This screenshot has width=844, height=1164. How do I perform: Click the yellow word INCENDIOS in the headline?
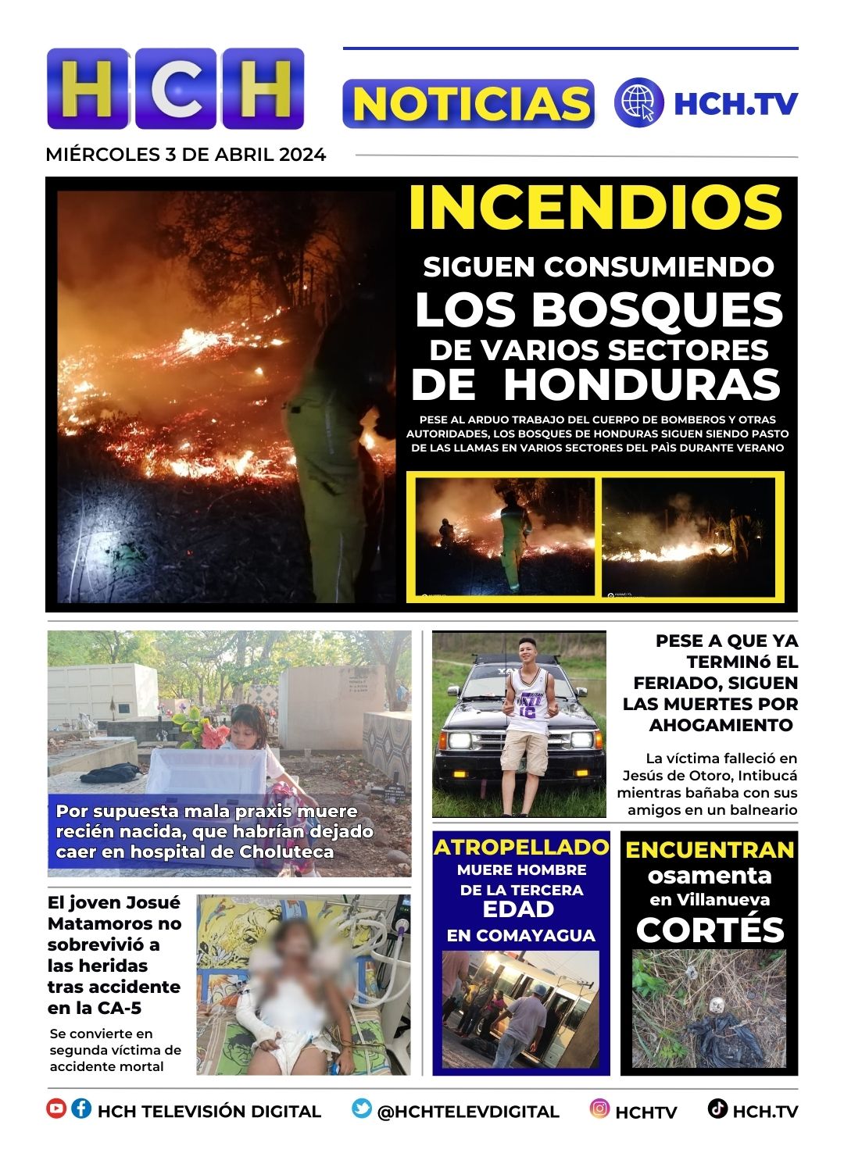point(595,208)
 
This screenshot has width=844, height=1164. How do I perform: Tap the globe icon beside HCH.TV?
point(638,103)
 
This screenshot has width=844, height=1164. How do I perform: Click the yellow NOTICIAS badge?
point(469,104)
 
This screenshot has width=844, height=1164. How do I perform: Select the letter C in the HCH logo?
point(177,88)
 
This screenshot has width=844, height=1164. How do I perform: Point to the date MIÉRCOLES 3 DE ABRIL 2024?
point(186,155)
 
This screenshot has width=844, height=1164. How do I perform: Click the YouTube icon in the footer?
point(56,1109)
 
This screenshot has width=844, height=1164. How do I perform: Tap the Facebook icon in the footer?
point(81,1109)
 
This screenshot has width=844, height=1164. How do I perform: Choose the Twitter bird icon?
point(361,1109)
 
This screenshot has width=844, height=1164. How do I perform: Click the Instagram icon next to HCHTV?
point(599,1109)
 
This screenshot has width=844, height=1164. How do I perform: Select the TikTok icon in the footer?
point(717,1109)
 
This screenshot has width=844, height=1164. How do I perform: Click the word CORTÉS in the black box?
point(710,930)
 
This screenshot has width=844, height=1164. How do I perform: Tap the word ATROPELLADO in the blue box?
point(521,848)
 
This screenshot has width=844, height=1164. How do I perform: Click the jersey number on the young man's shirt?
point(529,710)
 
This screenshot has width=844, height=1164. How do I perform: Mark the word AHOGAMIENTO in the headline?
point(721,725)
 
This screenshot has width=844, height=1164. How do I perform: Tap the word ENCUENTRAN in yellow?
point(710,850)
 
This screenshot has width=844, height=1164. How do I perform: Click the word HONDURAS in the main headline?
point(642,384)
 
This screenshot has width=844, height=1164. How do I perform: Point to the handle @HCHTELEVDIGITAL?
point(468,1112)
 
